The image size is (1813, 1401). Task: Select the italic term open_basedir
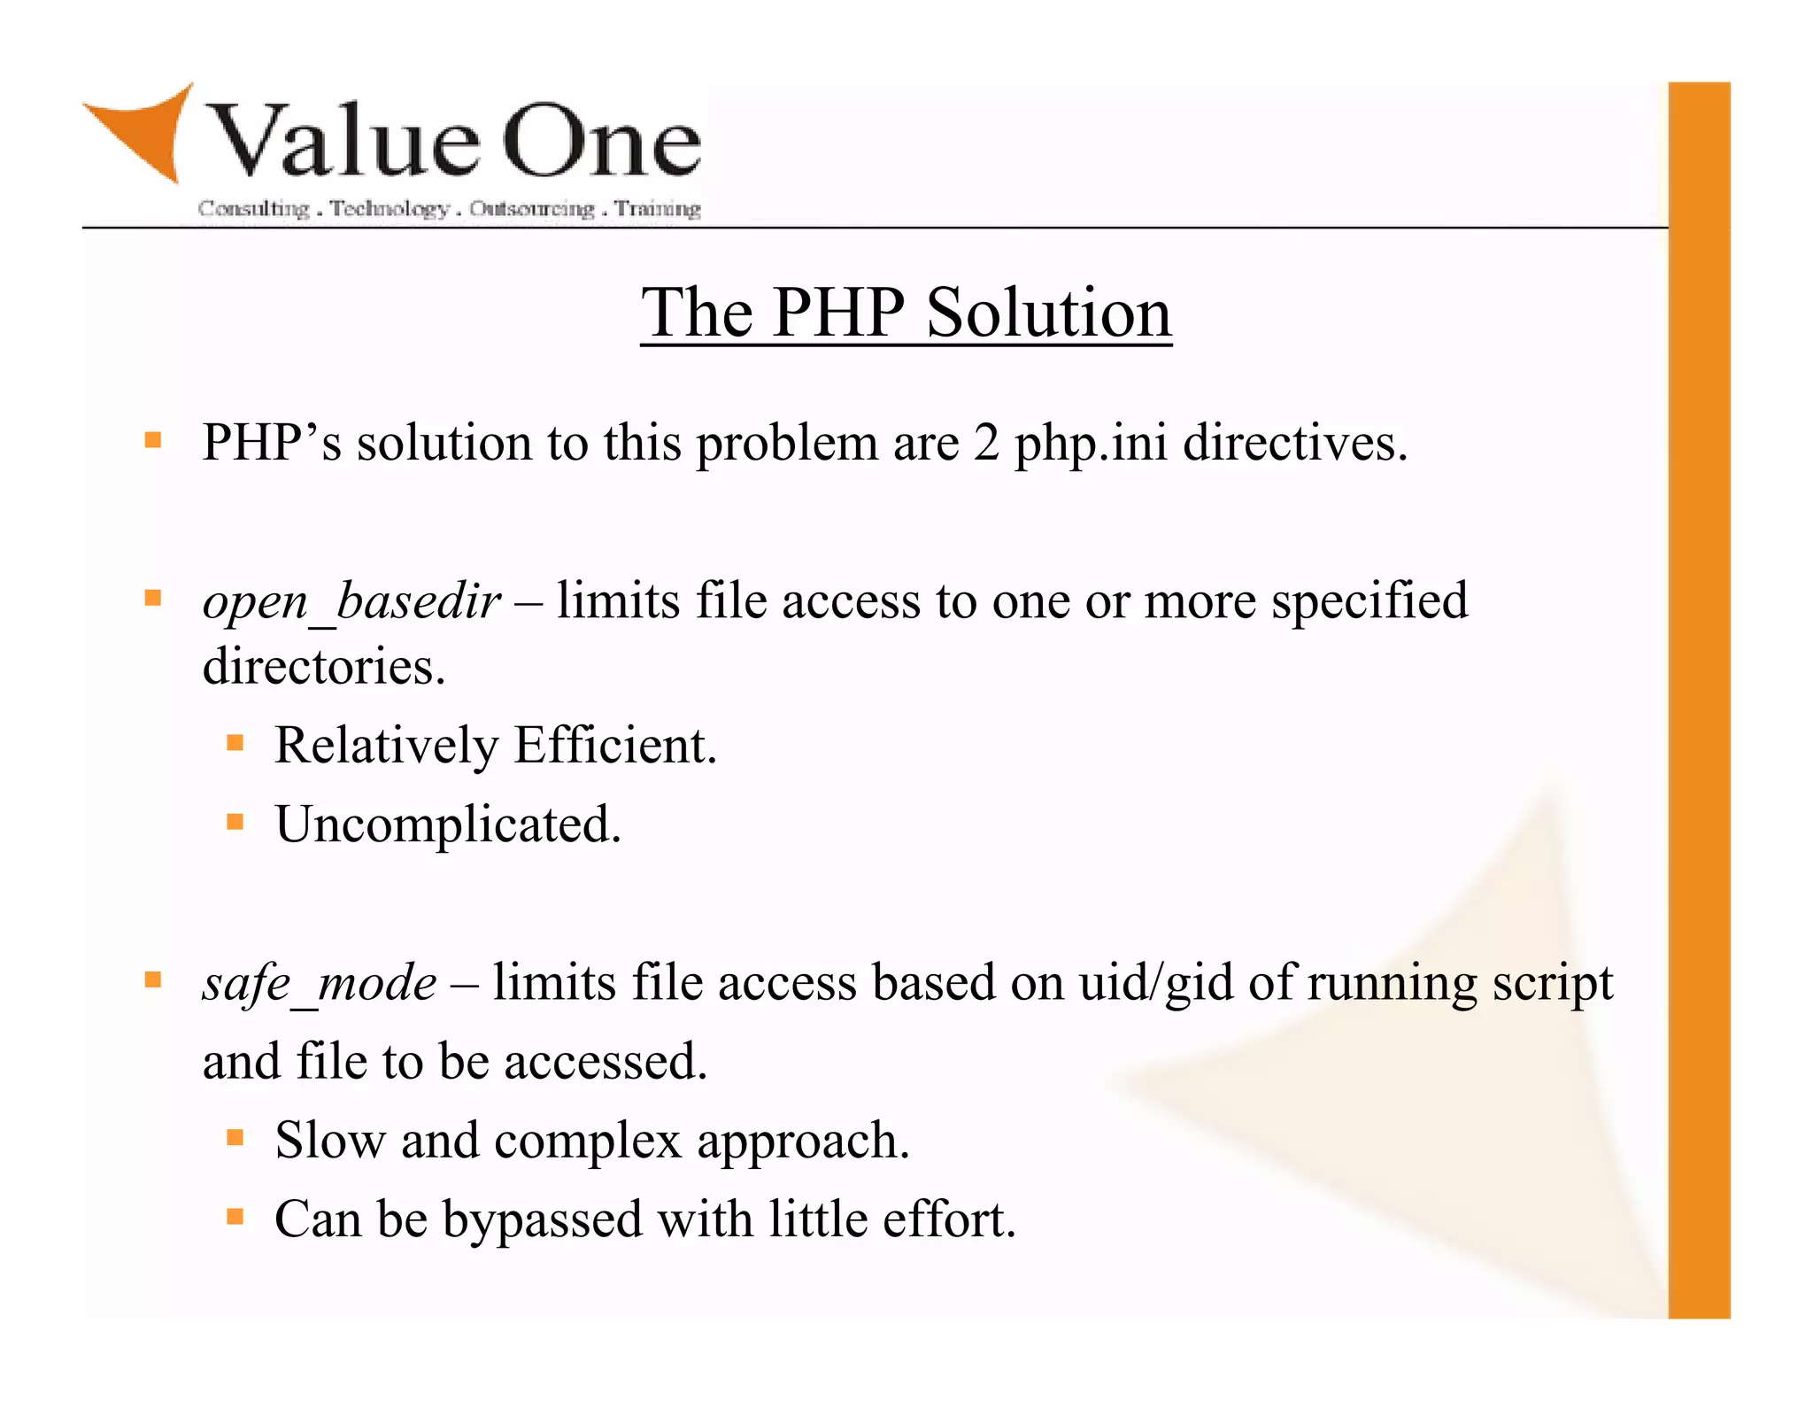[x=351, y=602]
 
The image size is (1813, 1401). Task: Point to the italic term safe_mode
[x=319, y=984]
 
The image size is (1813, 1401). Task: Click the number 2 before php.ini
[x=986, y=443]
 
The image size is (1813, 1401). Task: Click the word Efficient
[x=614, y=745]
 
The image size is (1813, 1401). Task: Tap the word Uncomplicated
[x=448, y=824]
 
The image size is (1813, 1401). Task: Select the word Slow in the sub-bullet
[x=330, y=1140]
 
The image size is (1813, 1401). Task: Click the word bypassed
[x=543, y=1220]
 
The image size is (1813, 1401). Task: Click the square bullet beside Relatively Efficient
[x=235, y=742]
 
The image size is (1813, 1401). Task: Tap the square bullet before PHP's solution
[x=153, y=440]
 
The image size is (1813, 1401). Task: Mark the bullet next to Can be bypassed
[x=235, y=1216]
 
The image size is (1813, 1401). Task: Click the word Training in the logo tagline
[x=658, y=209]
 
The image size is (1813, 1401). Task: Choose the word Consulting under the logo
[x=254, y=209]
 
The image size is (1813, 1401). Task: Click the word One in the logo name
[x=602, y=142]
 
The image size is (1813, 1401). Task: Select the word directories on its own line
[x=323, y=667]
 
